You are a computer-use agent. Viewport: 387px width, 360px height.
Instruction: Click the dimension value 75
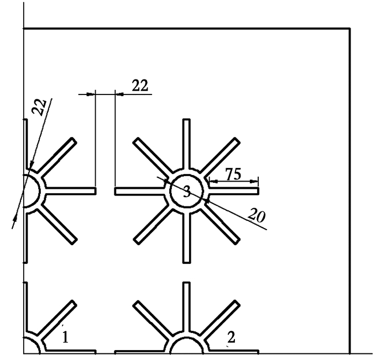233,174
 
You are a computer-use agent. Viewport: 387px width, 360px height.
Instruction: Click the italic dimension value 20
257,215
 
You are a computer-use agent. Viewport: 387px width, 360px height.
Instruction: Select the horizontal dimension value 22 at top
140,86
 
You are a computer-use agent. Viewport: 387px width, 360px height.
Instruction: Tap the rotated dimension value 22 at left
39,107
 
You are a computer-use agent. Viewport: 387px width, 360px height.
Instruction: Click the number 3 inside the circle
187,192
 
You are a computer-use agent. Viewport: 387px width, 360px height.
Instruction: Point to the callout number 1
65,337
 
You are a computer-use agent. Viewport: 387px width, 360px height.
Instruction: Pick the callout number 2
231,337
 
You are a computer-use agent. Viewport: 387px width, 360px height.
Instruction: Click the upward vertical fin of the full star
186,144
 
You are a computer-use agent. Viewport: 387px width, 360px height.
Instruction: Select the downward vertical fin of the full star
186,238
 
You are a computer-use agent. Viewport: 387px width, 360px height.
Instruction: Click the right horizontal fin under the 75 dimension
233,191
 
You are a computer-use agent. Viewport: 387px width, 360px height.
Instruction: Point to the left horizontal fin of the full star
140,191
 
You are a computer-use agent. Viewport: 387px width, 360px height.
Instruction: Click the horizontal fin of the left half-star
71,191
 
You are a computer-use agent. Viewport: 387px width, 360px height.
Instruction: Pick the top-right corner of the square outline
350,29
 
